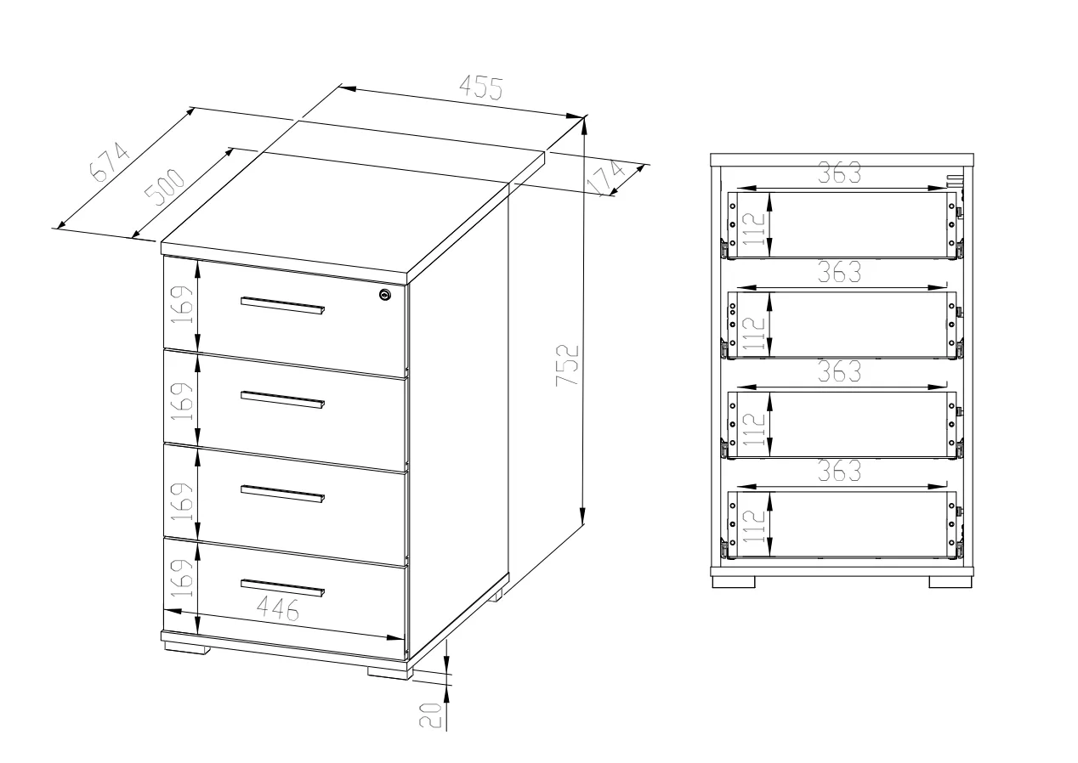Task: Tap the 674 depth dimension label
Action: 110,162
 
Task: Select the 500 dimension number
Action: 165,187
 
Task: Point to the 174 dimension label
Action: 605,178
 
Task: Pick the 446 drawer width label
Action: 278,608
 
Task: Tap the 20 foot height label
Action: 430,715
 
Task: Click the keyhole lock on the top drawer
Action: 384,295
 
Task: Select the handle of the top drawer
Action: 282,306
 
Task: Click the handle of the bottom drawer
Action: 282,588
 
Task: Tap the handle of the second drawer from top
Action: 282,400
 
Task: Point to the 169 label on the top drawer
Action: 183,305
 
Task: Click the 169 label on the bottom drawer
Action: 183,578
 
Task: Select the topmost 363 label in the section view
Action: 839,173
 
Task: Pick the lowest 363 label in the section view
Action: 839,471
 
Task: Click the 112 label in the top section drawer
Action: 754,229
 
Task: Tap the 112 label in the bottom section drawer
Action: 754,526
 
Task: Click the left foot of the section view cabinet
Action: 734,582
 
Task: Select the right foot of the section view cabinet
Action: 950,582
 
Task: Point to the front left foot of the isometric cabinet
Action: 187,648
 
